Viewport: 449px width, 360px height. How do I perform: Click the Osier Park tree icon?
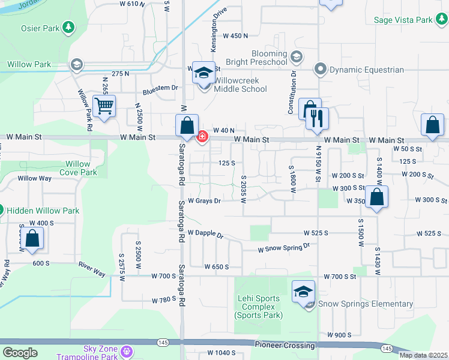coord(69,28)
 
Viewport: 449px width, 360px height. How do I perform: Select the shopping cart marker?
coord(104,107)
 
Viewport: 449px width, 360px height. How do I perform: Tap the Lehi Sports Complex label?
coord(258,307)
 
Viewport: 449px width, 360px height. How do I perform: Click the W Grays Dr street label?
coord(204,201)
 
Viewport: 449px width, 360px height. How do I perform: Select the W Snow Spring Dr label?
coord(283,247)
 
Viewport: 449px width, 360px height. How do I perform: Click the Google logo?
coord(20,353)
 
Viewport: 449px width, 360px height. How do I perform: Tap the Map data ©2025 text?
coord(423,355)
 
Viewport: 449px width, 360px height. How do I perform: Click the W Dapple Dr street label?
coord(205,233)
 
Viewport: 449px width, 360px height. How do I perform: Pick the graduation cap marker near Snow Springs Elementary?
coord(303,292)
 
